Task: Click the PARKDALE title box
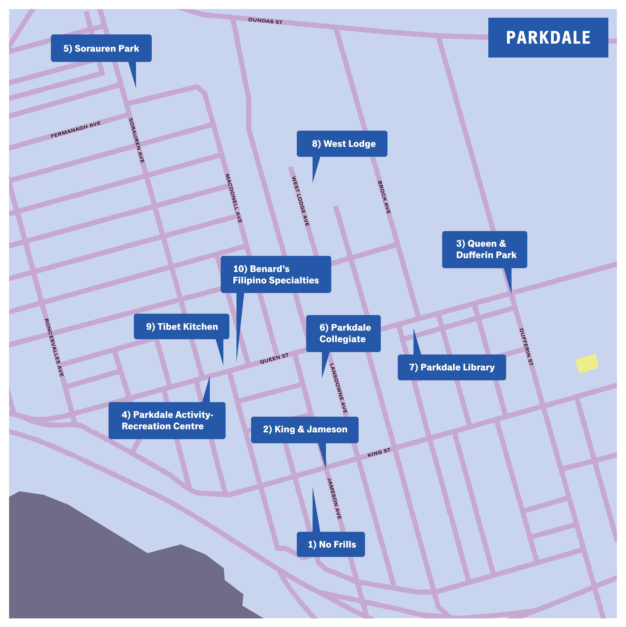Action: point(548,38)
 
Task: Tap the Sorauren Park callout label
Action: point(101,48)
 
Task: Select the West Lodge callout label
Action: point(342,144)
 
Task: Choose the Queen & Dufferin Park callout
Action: point(484,249)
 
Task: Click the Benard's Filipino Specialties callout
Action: point(276,275)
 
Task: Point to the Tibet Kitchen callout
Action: point(182,326)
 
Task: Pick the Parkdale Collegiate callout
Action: point(343,333)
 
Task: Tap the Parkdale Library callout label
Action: point(452,367)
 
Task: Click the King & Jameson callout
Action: point(305,429)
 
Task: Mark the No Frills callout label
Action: point(331,544)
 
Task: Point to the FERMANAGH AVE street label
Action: point(76,130)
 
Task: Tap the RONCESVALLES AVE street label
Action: point(54,347)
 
